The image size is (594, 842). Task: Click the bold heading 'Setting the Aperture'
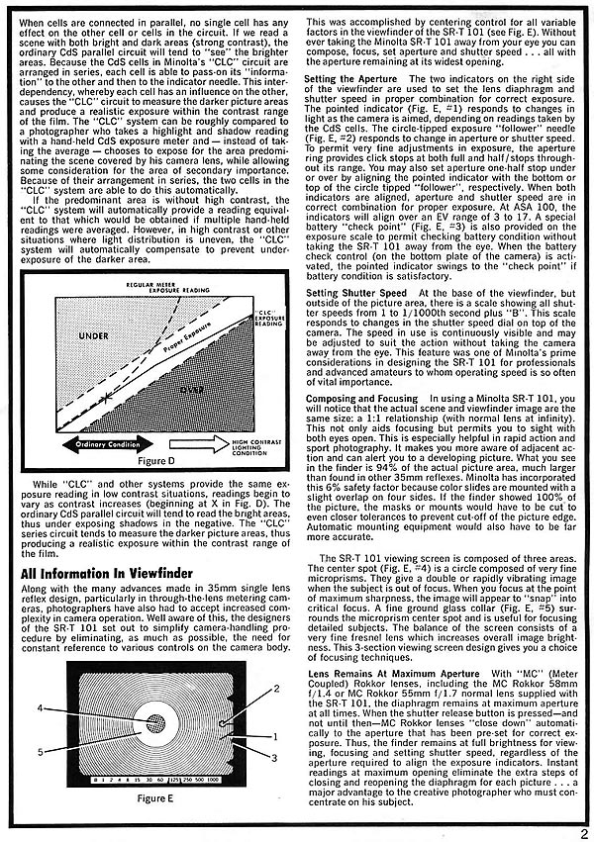point(348,78)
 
